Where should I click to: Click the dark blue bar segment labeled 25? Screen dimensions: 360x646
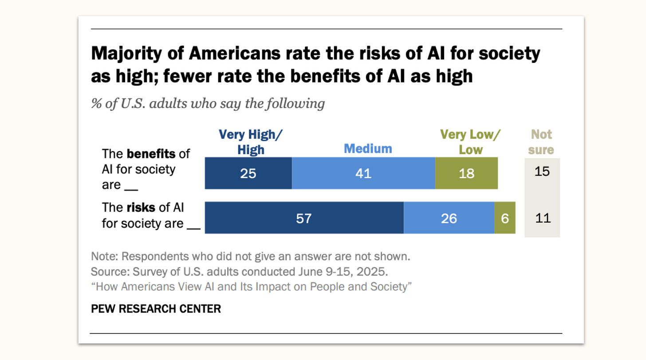[248, 173]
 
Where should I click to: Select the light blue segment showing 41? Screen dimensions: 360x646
[363, 173]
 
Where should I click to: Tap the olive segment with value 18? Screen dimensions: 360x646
[466, 173]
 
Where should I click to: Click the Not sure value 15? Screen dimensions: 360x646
[542, 171]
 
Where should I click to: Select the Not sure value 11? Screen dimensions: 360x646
[542, 218]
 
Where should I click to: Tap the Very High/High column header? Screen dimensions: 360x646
[251, 142]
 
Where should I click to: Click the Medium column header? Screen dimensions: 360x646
[368, 149]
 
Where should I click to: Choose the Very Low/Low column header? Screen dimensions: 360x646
[470, 142]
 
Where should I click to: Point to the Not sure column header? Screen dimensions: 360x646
[541, 142]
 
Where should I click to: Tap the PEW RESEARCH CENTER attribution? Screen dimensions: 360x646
[156, 309]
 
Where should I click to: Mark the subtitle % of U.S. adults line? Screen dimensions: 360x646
[208, 104]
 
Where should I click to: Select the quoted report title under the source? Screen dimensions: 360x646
[252, 286]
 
